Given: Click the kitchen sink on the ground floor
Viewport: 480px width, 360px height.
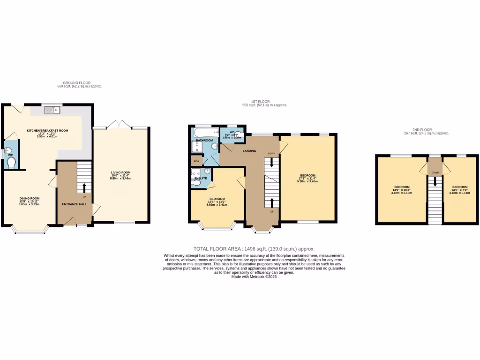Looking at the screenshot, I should [x=52, y=111].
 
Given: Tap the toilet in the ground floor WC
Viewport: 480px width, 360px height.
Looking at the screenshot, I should [x=11, y=163].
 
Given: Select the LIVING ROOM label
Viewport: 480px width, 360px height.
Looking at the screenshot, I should [x=120, y=172].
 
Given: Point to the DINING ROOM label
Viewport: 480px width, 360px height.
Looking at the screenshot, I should [x=29, y=198].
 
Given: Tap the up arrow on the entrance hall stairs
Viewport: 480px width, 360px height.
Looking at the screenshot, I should [x=84, y=187].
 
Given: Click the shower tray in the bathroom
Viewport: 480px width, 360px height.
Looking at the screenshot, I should [x=197, y=148].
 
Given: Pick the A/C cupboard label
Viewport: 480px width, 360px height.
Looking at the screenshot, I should [x=196, y=161].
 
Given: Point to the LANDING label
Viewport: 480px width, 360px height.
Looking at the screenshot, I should [x=249, y=151].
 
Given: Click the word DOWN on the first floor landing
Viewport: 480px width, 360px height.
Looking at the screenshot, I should [x=271, y=154].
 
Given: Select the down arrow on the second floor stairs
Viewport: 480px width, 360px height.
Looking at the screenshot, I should [x=435, y=182].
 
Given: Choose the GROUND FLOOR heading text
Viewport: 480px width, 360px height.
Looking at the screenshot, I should [x=77, y=82].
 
